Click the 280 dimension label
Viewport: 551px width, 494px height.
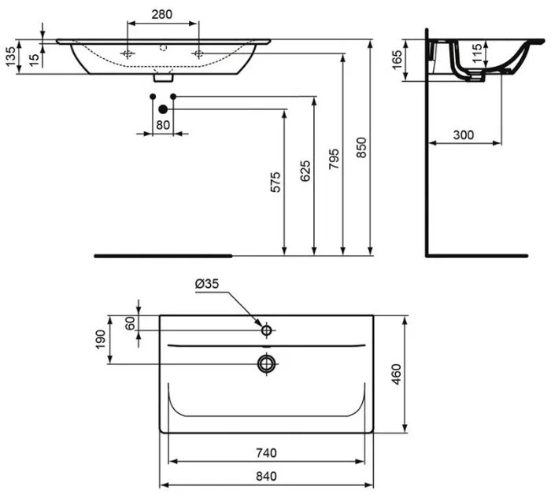click(162, 14)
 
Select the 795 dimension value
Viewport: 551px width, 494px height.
click(334, 159)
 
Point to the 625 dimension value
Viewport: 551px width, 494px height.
click(305, 171)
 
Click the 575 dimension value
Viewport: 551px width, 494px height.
click(275, 182)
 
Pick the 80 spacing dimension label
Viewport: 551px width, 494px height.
click(163, 124)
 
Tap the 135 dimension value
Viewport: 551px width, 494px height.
click(11, 57)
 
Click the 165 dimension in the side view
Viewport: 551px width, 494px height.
click(397, 60)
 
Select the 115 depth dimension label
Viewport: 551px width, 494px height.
click(477, 53)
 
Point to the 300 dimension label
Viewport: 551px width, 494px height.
click(463, 135)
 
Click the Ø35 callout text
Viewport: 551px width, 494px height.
click(207, 283)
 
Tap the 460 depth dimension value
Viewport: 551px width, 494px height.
click(396, 374)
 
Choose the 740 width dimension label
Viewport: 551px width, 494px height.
click(266, 453)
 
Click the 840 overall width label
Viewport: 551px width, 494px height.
click(266, 476)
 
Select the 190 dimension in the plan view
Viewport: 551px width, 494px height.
click(100, 340)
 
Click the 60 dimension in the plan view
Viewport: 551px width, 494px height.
click(130, 323)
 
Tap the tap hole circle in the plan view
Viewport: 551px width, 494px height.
click(266, 330)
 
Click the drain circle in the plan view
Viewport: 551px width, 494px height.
click(267, 363)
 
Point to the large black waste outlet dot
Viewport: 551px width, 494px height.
click(163, 109)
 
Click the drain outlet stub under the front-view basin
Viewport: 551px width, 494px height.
click(164, 78)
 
